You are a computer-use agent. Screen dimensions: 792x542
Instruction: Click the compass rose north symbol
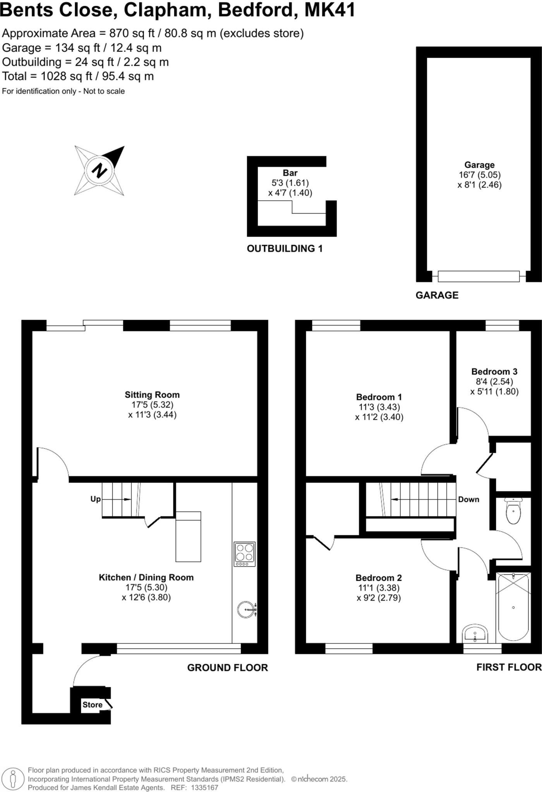point(99,170)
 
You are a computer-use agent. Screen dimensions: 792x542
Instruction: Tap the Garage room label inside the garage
point(479,165)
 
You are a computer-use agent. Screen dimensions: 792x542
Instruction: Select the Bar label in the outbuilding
point(290,173)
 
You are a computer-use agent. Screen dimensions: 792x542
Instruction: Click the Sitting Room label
point(152,395)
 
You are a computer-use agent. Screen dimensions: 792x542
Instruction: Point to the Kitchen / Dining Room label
point(146,577)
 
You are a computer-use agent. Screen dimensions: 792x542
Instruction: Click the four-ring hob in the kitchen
point(245,554)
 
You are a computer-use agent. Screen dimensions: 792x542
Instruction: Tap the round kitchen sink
point(247,609)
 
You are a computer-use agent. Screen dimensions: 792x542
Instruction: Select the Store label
point(92,705)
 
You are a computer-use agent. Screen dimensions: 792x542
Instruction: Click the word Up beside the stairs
point(95,499)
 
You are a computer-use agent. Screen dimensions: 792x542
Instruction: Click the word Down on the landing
point(468,499)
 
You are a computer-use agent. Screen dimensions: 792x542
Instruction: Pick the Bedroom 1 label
point(379,397)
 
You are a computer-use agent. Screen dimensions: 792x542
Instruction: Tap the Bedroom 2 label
point(379,578)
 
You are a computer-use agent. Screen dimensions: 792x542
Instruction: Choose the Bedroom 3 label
point(494,372)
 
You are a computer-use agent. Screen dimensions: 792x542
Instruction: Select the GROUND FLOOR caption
point(227,668)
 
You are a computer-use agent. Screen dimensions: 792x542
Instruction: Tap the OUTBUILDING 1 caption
point(285,249)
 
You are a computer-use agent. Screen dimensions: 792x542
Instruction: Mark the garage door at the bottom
point(479,276)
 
